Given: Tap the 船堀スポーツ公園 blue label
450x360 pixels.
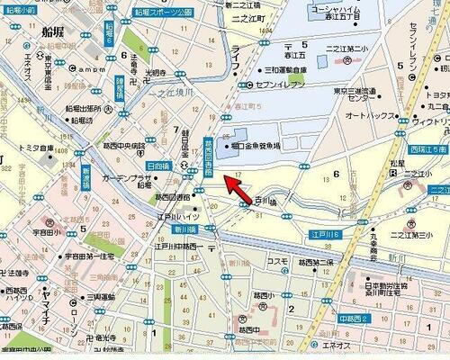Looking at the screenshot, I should coord(170,13).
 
